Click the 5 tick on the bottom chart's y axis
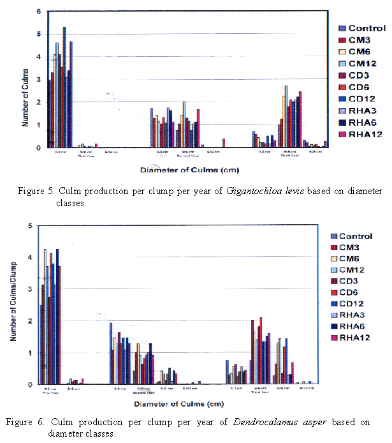pyautogui.click(x=30, y=225)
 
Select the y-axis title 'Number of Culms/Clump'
pyautogui.click(x=13, y=305)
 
